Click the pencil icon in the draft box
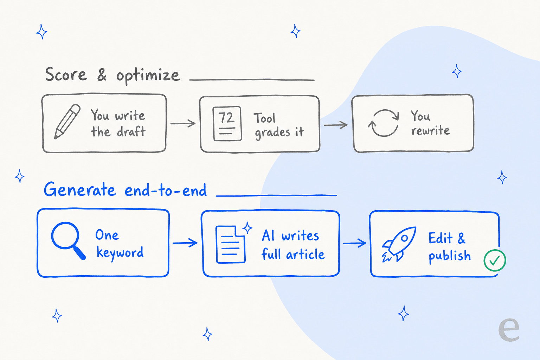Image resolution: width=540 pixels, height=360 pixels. pos(67,122)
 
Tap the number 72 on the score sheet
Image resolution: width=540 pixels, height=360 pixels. pos(226,117)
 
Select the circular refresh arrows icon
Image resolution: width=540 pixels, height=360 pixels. pos(383,123)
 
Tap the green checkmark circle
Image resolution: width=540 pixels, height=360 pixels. pos(495,261)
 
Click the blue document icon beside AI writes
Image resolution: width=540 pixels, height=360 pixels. pos(231,244)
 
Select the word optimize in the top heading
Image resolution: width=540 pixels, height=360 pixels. pos(148,76)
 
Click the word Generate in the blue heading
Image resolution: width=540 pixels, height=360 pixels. pos(79,189)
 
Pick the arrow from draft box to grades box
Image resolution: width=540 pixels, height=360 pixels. pos(183,123)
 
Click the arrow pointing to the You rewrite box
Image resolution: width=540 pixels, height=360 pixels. pos(336,125)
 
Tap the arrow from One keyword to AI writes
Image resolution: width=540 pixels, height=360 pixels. pos(185,243)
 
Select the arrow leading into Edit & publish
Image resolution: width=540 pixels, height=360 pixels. pos(355,243)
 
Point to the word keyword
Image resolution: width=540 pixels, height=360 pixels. pos(120,253)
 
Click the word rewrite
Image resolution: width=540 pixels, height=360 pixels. pos(431,130)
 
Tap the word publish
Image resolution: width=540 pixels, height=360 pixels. pos(450,256)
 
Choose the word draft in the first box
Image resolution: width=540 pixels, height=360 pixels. pos(131,131)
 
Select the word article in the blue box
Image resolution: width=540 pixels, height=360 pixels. pos(305,255)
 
